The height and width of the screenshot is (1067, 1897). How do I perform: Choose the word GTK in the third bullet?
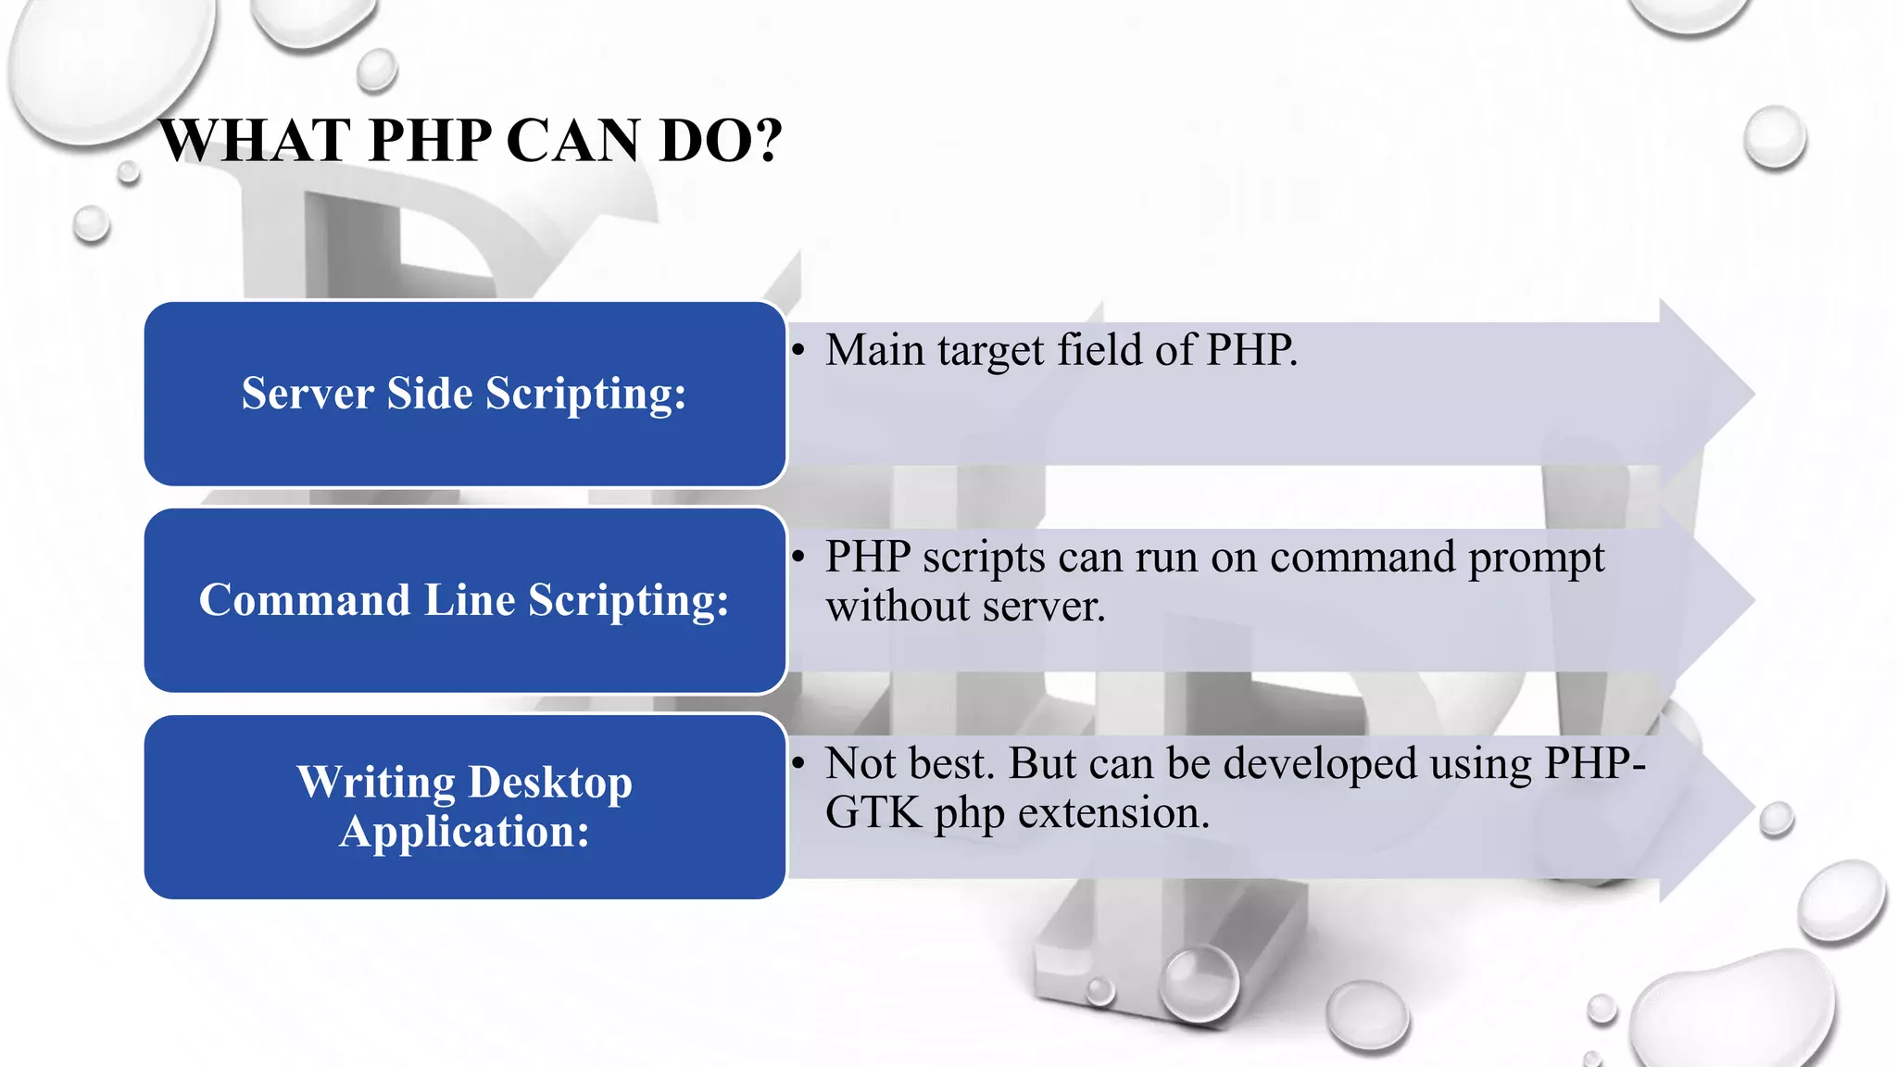(x=873, y=813)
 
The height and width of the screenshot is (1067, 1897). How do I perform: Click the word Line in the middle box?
(x=470, y=600)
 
